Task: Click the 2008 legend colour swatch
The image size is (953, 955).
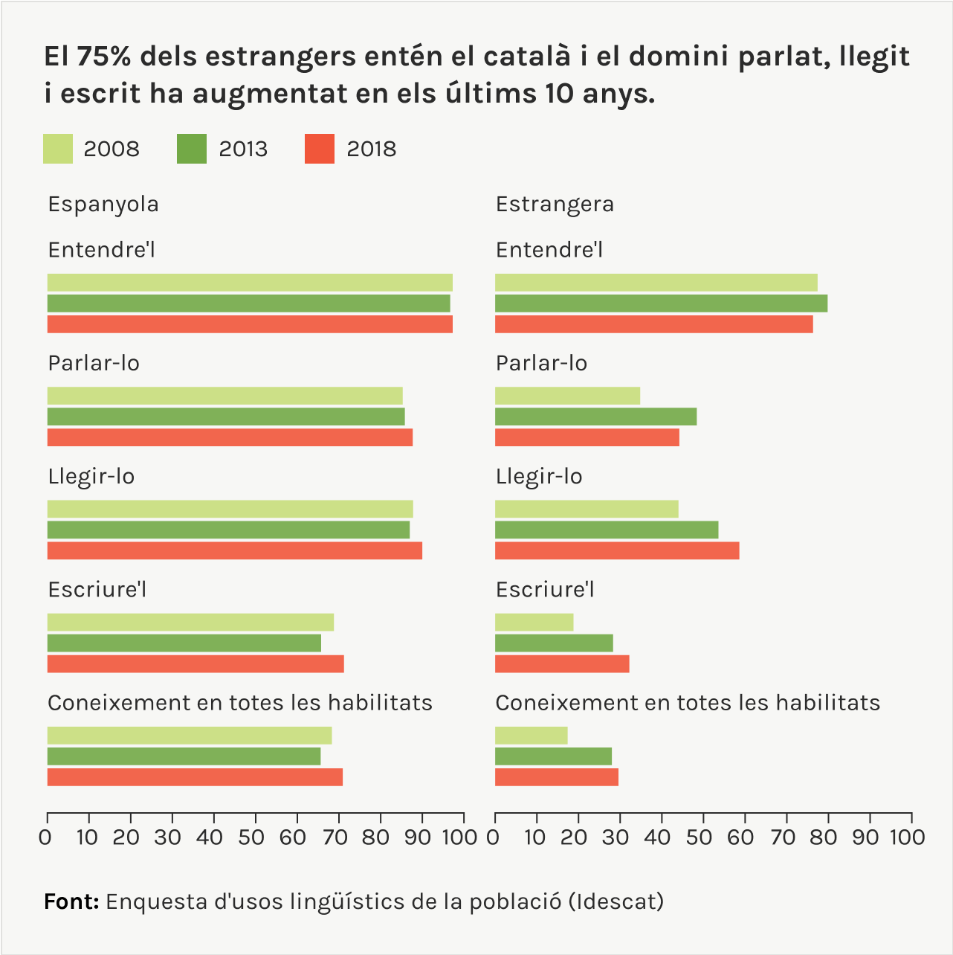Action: click(x=58, y=149)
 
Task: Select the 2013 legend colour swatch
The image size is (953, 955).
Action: click(x=192, y=149)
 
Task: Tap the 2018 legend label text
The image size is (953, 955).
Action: click(x=371, y=149)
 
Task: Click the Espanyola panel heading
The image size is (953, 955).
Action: click(x=103, y=204)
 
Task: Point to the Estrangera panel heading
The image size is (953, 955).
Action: click(x=555, y=204)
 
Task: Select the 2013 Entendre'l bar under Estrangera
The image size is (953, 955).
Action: click(x=661, y=303)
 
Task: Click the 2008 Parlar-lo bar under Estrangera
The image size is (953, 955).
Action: click(x=567, y=396)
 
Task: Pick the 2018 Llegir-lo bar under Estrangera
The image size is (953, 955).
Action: click(x=617, y=550)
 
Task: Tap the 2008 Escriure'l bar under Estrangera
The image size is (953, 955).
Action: click(x=534, y=622)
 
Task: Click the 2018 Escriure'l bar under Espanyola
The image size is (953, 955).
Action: click(x=196, y=663)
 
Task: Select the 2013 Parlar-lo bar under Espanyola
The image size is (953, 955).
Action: click(x=226, y=417)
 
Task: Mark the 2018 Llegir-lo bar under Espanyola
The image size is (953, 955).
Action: click(x=235, y=550)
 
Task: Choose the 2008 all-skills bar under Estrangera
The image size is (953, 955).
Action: click(x=531, y=736)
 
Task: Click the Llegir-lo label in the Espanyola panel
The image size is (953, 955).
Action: click(x=91, y=476)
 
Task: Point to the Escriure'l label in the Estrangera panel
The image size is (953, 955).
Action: click(x=545, y=589)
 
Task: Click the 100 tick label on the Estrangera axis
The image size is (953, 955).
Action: click(x=907, y=837)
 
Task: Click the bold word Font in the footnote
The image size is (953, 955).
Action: click(x=71, y=901)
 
